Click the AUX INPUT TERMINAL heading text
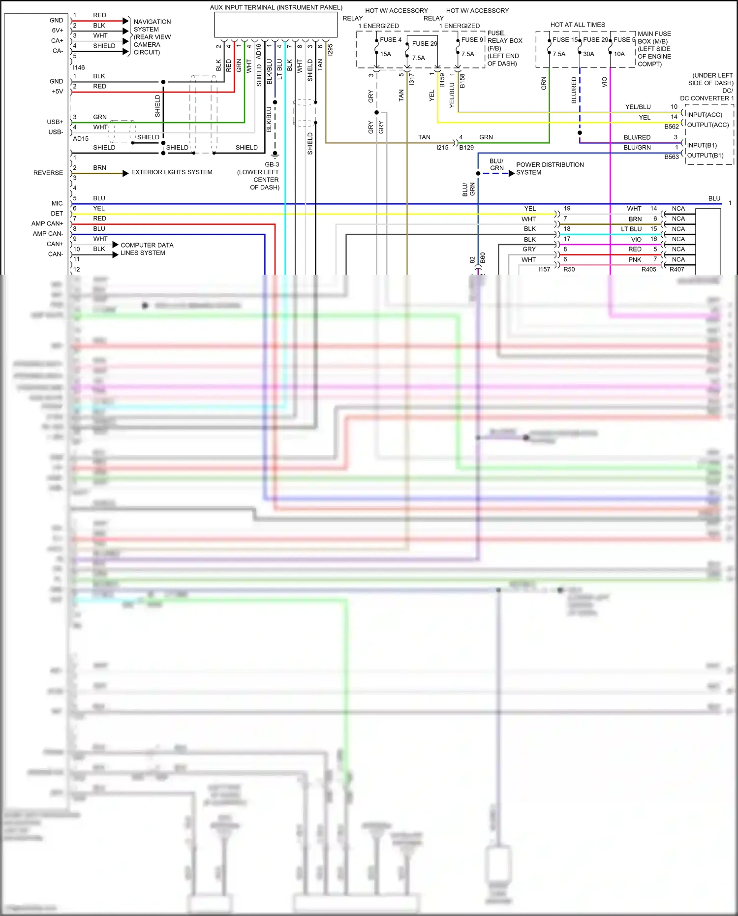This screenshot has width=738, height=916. coord(276,7)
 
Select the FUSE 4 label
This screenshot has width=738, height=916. coord(391,40)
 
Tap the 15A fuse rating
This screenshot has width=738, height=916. coord(386,54)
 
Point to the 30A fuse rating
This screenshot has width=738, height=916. coord(588,54)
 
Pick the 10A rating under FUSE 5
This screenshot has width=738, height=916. coord(619,54)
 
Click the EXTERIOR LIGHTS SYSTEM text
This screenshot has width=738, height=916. coord(172,172)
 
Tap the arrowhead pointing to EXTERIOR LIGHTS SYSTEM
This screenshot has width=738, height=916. coord(125,173)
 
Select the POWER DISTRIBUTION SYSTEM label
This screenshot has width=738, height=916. coord(550,168)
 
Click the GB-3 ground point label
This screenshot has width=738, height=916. coord(272,165)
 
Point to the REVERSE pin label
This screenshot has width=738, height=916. coord(48,173)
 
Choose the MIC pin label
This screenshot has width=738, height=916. coord(57,203)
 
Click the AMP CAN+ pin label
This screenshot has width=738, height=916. coord(47,223)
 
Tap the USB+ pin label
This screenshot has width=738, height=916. coord(55,122)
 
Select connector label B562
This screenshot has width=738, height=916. coord(672,126)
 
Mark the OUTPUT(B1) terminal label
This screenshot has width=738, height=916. coord(705,156)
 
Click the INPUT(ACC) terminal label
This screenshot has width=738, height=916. coord(705,115)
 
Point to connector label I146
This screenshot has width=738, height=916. coord(79,67)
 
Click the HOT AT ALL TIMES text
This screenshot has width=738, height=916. coord(578,25)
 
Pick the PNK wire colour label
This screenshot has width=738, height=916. coord(635,259)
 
